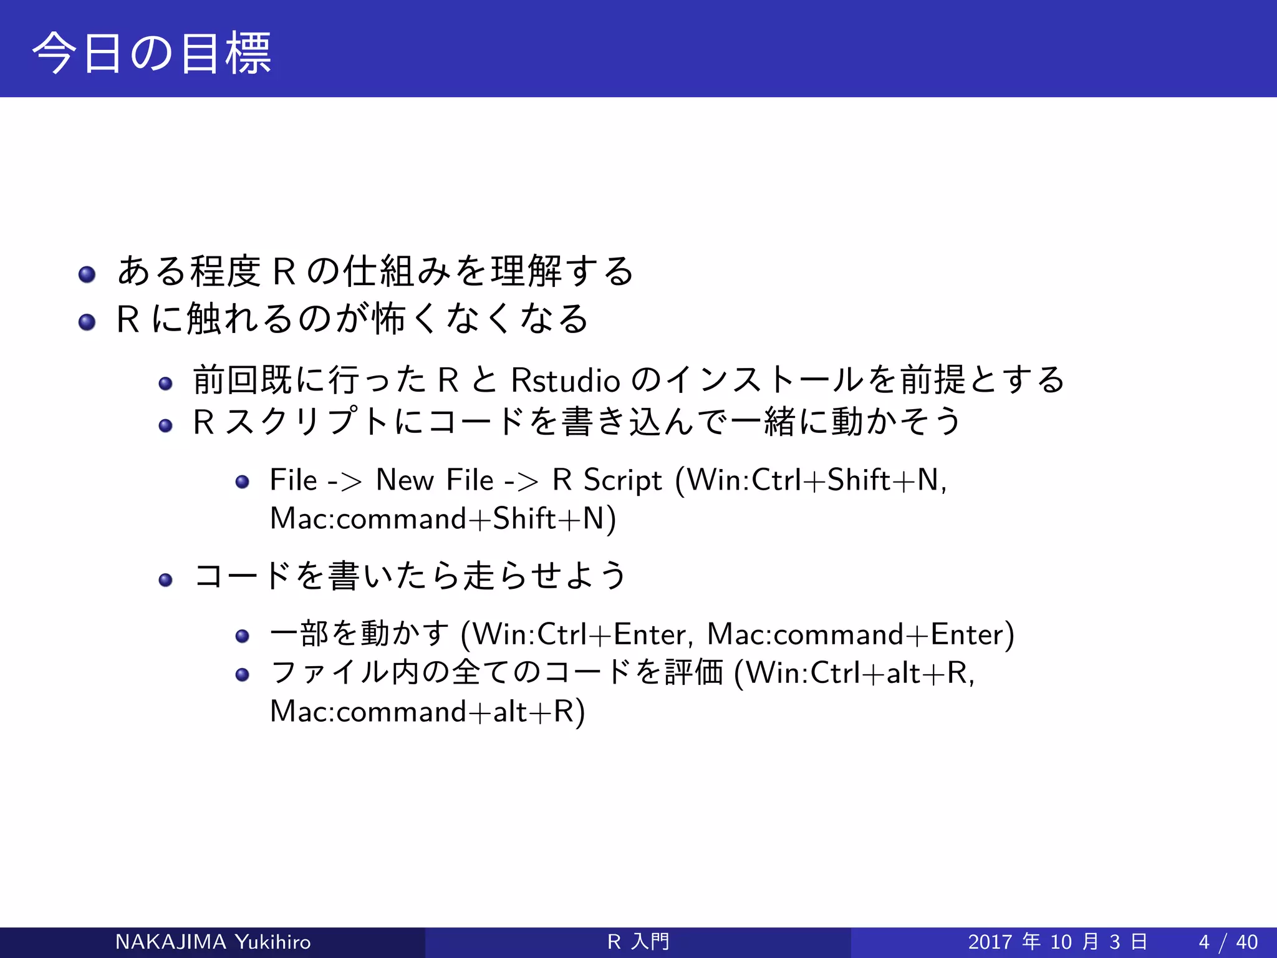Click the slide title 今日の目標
pyautogui.click(x=152, y=53)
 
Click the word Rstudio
pyautogui.click(x=565, y=380)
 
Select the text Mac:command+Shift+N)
pyautogui.click(x=443, y=519)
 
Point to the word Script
pyautogui.click(x=622, y=480)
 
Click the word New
pyautogui.click(x=405, y=480)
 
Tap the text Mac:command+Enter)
pyautogui.click(x=860, y=634)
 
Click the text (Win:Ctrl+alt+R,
pyautogui.click(x=854, y=673)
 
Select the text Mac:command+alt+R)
pyautogui.click(x=428, y=712)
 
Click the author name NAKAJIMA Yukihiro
pyautogui.click(x=213, y=942)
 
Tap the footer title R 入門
pyautogui.click(x=638, y=942)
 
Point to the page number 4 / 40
pyautogui.click(x=1228, y=942)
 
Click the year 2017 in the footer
pyautogui.click(x=990, y=942)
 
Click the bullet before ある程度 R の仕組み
pyautogui.click(x=87, y=274)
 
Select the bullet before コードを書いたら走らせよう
pyautogui.click(x=165, y=580)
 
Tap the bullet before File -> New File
pyautogui.click(x=243, y=481)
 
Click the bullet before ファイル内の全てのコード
pyautogui.click(x=243, y=674)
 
